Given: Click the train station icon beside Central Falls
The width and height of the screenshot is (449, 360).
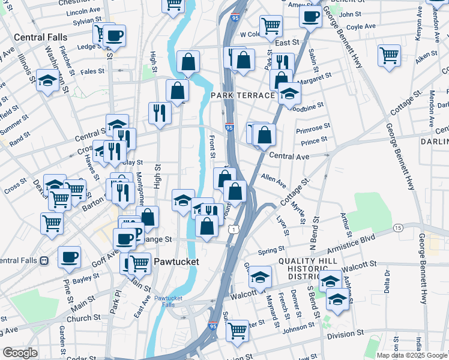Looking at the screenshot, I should [44, 260].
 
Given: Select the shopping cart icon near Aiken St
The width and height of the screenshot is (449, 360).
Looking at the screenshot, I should [390, 55].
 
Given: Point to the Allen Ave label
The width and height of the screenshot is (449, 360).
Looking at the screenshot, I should [274, 180].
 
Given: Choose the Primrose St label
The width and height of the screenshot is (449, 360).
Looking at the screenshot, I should [313, 128].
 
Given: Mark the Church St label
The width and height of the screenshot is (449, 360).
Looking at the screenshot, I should [79, 319].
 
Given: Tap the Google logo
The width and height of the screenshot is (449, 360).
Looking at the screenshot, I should [20, 353].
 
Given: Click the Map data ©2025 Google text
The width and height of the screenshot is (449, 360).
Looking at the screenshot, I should [411, 355].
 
